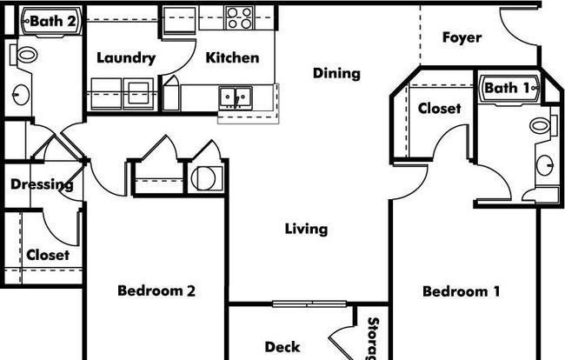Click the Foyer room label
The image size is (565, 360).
click(x=462, y=38)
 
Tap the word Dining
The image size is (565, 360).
click(x=336, y=74)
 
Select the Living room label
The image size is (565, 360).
click(x=306, y=230)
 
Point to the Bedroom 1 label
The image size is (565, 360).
click(x=462, y=291)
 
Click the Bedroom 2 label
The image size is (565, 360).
click(x=156, y=290)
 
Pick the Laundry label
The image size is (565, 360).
click(x=126, y=58)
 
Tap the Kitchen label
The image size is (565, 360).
click(x=232, y=57)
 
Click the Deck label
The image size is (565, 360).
click(x=282, y=347)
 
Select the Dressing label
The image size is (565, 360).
click(x=43, y=185)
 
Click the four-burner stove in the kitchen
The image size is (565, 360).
click(x=239, y=17)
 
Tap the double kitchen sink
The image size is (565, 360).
click(x=236, y=97)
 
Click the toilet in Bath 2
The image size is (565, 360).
click(x=24, y=55)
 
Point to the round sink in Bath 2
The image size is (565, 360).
click(x=21, y=95)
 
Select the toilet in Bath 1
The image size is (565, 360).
click(x=543, y=125)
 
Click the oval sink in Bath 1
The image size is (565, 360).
click(x=544, y=165)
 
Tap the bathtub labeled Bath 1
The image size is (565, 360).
click(x=510, y=89)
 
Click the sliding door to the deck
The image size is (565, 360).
click(x=309, y=303)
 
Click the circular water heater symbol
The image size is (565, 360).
click(x=203, y=178)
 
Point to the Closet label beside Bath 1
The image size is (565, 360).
click(x=439, y=108)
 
